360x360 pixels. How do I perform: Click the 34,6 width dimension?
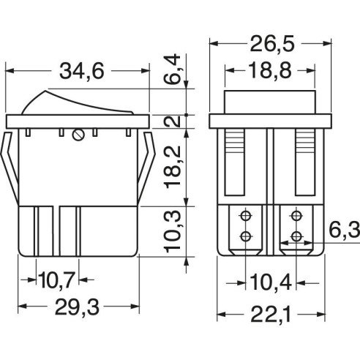[82, 71]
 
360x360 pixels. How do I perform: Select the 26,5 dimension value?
[272, 44]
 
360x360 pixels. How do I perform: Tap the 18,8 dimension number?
[270, 70]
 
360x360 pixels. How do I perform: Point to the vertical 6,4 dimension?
[172, 70]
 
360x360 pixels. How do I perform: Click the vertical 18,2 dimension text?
[173, 168]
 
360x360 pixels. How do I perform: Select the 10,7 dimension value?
[56, 280]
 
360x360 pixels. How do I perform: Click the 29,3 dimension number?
[77, 307]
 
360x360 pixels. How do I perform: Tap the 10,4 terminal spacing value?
[271, 282]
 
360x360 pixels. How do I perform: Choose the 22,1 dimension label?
[271, 315]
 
